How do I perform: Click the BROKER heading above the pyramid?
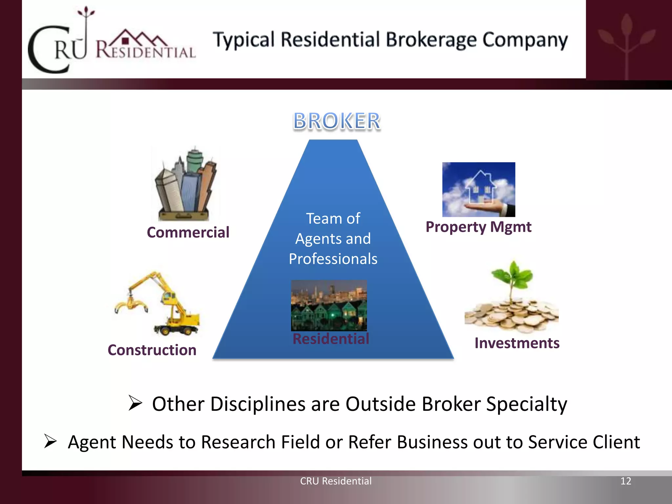(x=337, y=121)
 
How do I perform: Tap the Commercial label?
(x=188, y=233)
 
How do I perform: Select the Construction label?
(x=152, y=350)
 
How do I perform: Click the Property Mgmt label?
(x=478, y=227)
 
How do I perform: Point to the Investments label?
(x=517, y=343)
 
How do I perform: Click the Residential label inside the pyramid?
(x=331, y=339)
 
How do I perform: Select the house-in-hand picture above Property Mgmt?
(x=478, y=189)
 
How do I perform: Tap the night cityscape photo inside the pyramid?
(x=329, y=305)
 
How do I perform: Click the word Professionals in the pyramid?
(x=333, y=259)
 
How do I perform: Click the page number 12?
(x=626, y=481)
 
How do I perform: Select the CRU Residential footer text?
(x=336, y=481)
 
